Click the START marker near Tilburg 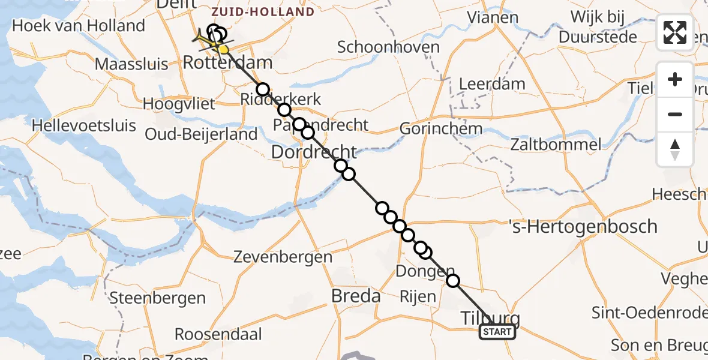tap(497, 332)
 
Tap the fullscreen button tap(675, 32)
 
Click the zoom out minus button tap(675, 114)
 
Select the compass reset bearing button tap(675, 149)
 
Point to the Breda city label tap(356, 296)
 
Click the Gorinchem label tap(441, 128)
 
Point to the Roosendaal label tap(217, 334)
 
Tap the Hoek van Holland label tap(79, 26)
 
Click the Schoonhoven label tap(388, 47)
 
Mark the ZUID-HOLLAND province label tap(263, 11)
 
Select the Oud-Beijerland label tap(201, 134)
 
